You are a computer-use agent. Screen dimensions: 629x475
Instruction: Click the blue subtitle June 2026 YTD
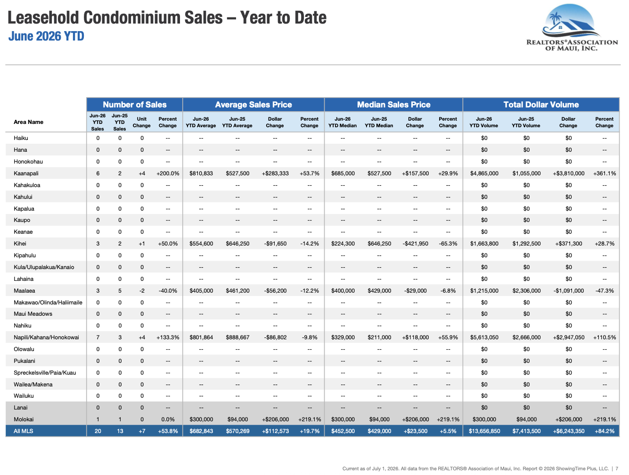tap(46, 36)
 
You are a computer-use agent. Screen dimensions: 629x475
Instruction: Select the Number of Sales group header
tap(135, 105)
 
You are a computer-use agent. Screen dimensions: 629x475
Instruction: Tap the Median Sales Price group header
tap(394, 105)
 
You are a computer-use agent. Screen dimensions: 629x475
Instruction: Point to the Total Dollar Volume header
tap(541, 105)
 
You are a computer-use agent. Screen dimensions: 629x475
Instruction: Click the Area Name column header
tap(28, 122)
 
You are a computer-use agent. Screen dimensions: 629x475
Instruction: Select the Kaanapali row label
tap(26, 173)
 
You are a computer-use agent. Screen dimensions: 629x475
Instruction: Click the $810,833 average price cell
tap(201, 173)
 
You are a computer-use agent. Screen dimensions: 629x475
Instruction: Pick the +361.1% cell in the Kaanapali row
tap(604, 173)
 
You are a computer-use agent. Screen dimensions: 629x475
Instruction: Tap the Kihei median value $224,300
tap(343, 244)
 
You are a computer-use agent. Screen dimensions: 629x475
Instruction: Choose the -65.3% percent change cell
tap(448, 244)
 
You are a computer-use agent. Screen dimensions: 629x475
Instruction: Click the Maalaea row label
tap(25, 290)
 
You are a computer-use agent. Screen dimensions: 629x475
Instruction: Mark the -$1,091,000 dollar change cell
tap(569, 290)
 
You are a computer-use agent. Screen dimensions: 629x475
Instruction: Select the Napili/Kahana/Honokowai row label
tap(47, 337)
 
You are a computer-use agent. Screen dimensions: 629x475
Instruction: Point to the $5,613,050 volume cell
tap(484, 337)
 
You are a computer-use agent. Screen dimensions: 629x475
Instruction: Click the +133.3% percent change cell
tap(168, 337)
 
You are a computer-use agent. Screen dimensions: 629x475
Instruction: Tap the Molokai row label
tap(24, 419)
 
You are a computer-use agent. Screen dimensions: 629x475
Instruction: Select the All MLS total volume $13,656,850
tap(484, 431)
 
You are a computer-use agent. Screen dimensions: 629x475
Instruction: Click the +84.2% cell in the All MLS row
tap(604, 431)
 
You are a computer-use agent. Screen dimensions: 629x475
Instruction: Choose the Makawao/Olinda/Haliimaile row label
tap(48, 302)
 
